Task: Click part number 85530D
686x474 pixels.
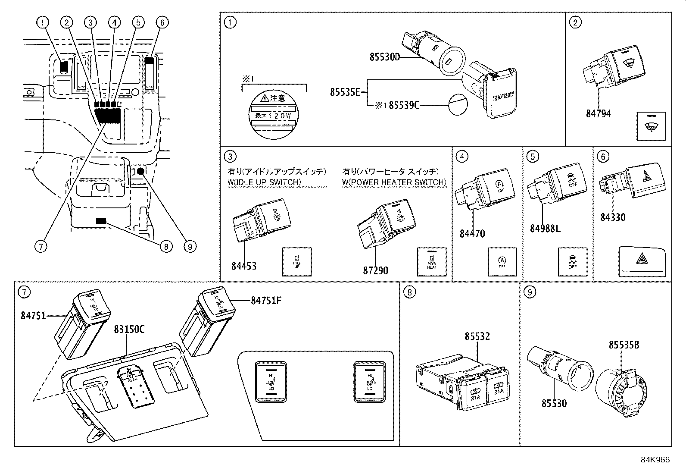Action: pos(385,57)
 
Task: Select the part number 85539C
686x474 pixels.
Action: pos(404,105)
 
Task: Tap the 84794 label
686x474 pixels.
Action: pos(598,114)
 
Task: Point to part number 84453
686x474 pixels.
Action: pos(243,266)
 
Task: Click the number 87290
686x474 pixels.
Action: pos(375,270)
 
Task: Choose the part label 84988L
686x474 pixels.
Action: pos(545,229)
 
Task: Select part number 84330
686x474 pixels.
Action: pos(613,217)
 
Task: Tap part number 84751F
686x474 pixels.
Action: pos(266,300)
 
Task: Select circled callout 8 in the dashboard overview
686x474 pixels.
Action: pos(165,246)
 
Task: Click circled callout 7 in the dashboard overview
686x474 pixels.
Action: pos(41,246)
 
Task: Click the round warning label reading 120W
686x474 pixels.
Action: pos(273,115)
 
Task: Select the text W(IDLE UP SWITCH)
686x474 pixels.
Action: pos(264,182)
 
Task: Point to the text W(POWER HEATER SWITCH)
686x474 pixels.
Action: pos(394,182)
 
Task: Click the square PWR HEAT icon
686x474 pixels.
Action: pos(432,262)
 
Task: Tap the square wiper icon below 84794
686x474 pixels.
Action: pos(651,126)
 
